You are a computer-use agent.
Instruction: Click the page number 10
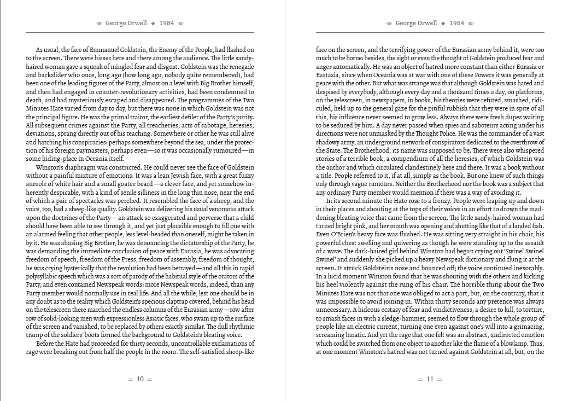(x=140, y=379)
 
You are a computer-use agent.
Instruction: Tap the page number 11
(x=430, y=379)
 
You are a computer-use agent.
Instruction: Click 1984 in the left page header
(x=167, y=24)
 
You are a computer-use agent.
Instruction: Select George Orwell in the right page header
(x=416, y=24)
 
